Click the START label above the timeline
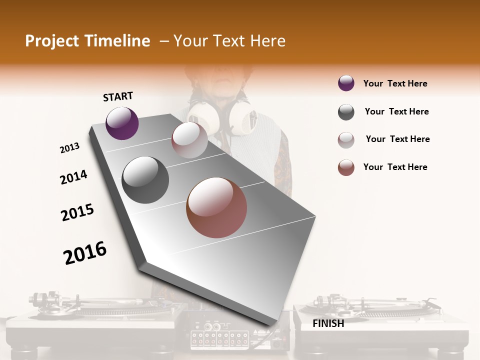118,96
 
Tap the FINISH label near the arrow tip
328,323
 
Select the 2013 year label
69,148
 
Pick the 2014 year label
73,177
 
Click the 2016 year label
85,252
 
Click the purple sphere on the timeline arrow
122,123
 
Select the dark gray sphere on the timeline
145,180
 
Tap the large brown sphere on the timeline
216,207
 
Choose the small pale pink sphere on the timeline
189,140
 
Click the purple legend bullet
346,83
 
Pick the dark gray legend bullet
346,112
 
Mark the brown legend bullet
346,167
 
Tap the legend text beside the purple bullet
395,83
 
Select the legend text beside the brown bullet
395,167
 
